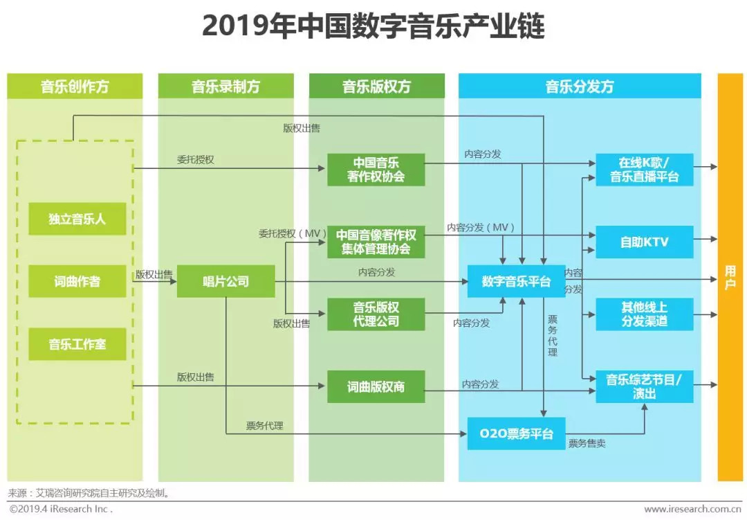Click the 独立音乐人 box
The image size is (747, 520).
[77, 219]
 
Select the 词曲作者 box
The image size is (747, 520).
[77, 282]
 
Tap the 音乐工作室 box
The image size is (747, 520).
[77, 344]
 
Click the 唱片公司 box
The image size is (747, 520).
[225, 282]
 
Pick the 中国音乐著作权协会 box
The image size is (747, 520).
[376, 170]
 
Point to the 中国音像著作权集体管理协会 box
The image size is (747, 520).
[376, 242]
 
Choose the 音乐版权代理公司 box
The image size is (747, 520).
[376, 314]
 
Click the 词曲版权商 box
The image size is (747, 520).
[376, 386]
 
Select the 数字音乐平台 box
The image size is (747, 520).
[517, 282]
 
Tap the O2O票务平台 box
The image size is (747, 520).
[517, 433]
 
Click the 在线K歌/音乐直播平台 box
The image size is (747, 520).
[645, 170]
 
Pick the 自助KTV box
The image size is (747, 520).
[645, 242]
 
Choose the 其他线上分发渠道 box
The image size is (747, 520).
[645, 314]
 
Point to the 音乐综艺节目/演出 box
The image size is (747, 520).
[645, 386]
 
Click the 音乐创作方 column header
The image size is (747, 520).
[75, 87]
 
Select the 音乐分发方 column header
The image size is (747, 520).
[580, 87]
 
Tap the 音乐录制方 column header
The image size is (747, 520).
[225, 87]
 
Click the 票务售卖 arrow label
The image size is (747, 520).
[587, 444]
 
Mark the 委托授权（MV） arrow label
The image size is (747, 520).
[293, 234]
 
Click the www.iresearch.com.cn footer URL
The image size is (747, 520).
[693, 510]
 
